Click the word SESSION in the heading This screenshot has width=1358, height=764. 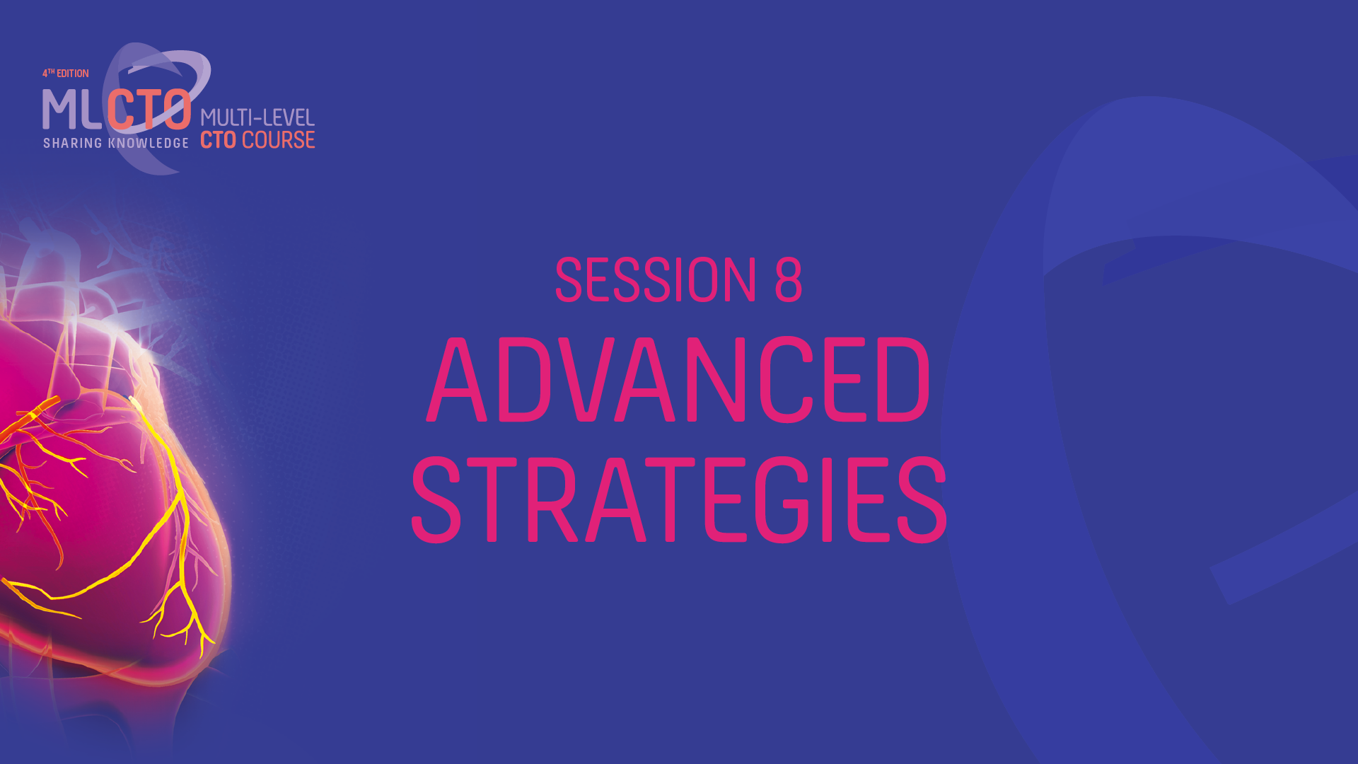(x=656, y=279)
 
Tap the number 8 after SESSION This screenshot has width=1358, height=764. (x=789, y=279)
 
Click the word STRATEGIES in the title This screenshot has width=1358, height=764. (x=679, y=499)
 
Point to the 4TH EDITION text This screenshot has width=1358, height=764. (x=66, y=74)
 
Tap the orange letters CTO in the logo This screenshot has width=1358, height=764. (x=149, y=110)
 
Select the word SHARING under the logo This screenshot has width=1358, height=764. (x=73, y=143)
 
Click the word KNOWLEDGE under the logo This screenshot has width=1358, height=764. (x=149, y=143)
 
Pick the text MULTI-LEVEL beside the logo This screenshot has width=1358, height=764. (x=257, y=117)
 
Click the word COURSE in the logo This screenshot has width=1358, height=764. (x=278, y=140)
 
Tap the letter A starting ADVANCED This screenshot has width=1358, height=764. (x=458, y=380)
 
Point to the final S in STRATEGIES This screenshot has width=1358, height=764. (x=922, y=499)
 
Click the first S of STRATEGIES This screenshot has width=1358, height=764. (x=436, y=499)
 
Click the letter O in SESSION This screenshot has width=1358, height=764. (x=710, y=279)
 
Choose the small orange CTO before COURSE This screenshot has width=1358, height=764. (x=219, y=140)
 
